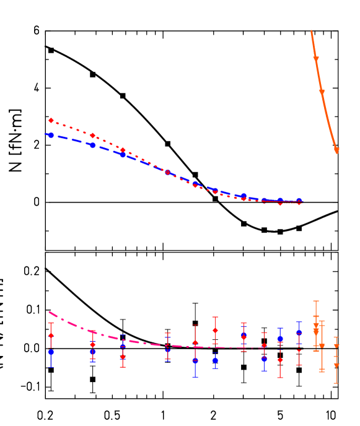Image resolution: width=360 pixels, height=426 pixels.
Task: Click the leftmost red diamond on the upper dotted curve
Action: (x=51, y=121)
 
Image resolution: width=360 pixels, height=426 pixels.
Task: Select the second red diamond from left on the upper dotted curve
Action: (x=93, y=136)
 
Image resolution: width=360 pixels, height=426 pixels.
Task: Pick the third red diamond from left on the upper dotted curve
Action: (x=123, y=150)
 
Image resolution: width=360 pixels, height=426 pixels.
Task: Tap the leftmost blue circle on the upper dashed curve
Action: (x=51, y=135)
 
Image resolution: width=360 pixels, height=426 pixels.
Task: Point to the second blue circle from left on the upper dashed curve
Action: (x=93, y=146)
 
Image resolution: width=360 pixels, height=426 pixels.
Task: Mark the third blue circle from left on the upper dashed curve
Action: (x=123, y=155)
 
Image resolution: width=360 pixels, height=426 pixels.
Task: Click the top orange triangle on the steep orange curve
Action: (x=316, y=59)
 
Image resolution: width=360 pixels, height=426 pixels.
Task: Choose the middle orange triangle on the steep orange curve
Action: (x=322, y=92)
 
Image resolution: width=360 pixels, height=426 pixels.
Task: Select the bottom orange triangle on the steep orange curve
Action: (x=337, y=150)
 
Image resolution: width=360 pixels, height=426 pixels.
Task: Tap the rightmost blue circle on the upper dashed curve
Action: (x=299, y=201)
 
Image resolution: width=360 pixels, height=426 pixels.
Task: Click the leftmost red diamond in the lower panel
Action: (x=51, y=336)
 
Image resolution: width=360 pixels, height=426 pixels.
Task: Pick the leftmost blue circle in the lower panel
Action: (x=51, y=352)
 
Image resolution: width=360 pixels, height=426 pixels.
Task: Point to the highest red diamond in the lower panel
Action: (x=215, y=330)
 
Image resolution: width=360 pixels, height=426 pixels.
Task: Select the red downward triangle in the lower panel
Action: (x=299, y=352)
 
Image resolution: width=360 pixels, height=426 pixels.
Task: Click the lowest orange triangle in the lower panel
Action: (x=336, y=365)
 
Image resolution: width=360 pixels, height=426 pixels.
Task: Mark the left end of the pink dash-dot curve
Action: (x=49, y=311)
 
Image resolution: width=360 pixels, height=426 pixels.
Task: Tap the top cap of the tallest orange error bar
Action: (x=316, y=301)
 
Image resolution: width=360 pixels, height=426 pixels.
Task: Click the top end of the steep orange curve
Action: (x=311, y=30)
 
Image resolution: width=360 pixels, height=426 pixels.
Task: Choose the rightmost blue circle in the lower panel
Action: (x=299, y=333)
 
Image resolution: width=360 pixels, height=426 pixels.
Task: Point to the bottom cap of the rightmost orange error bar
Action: (x=336, y=383)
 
